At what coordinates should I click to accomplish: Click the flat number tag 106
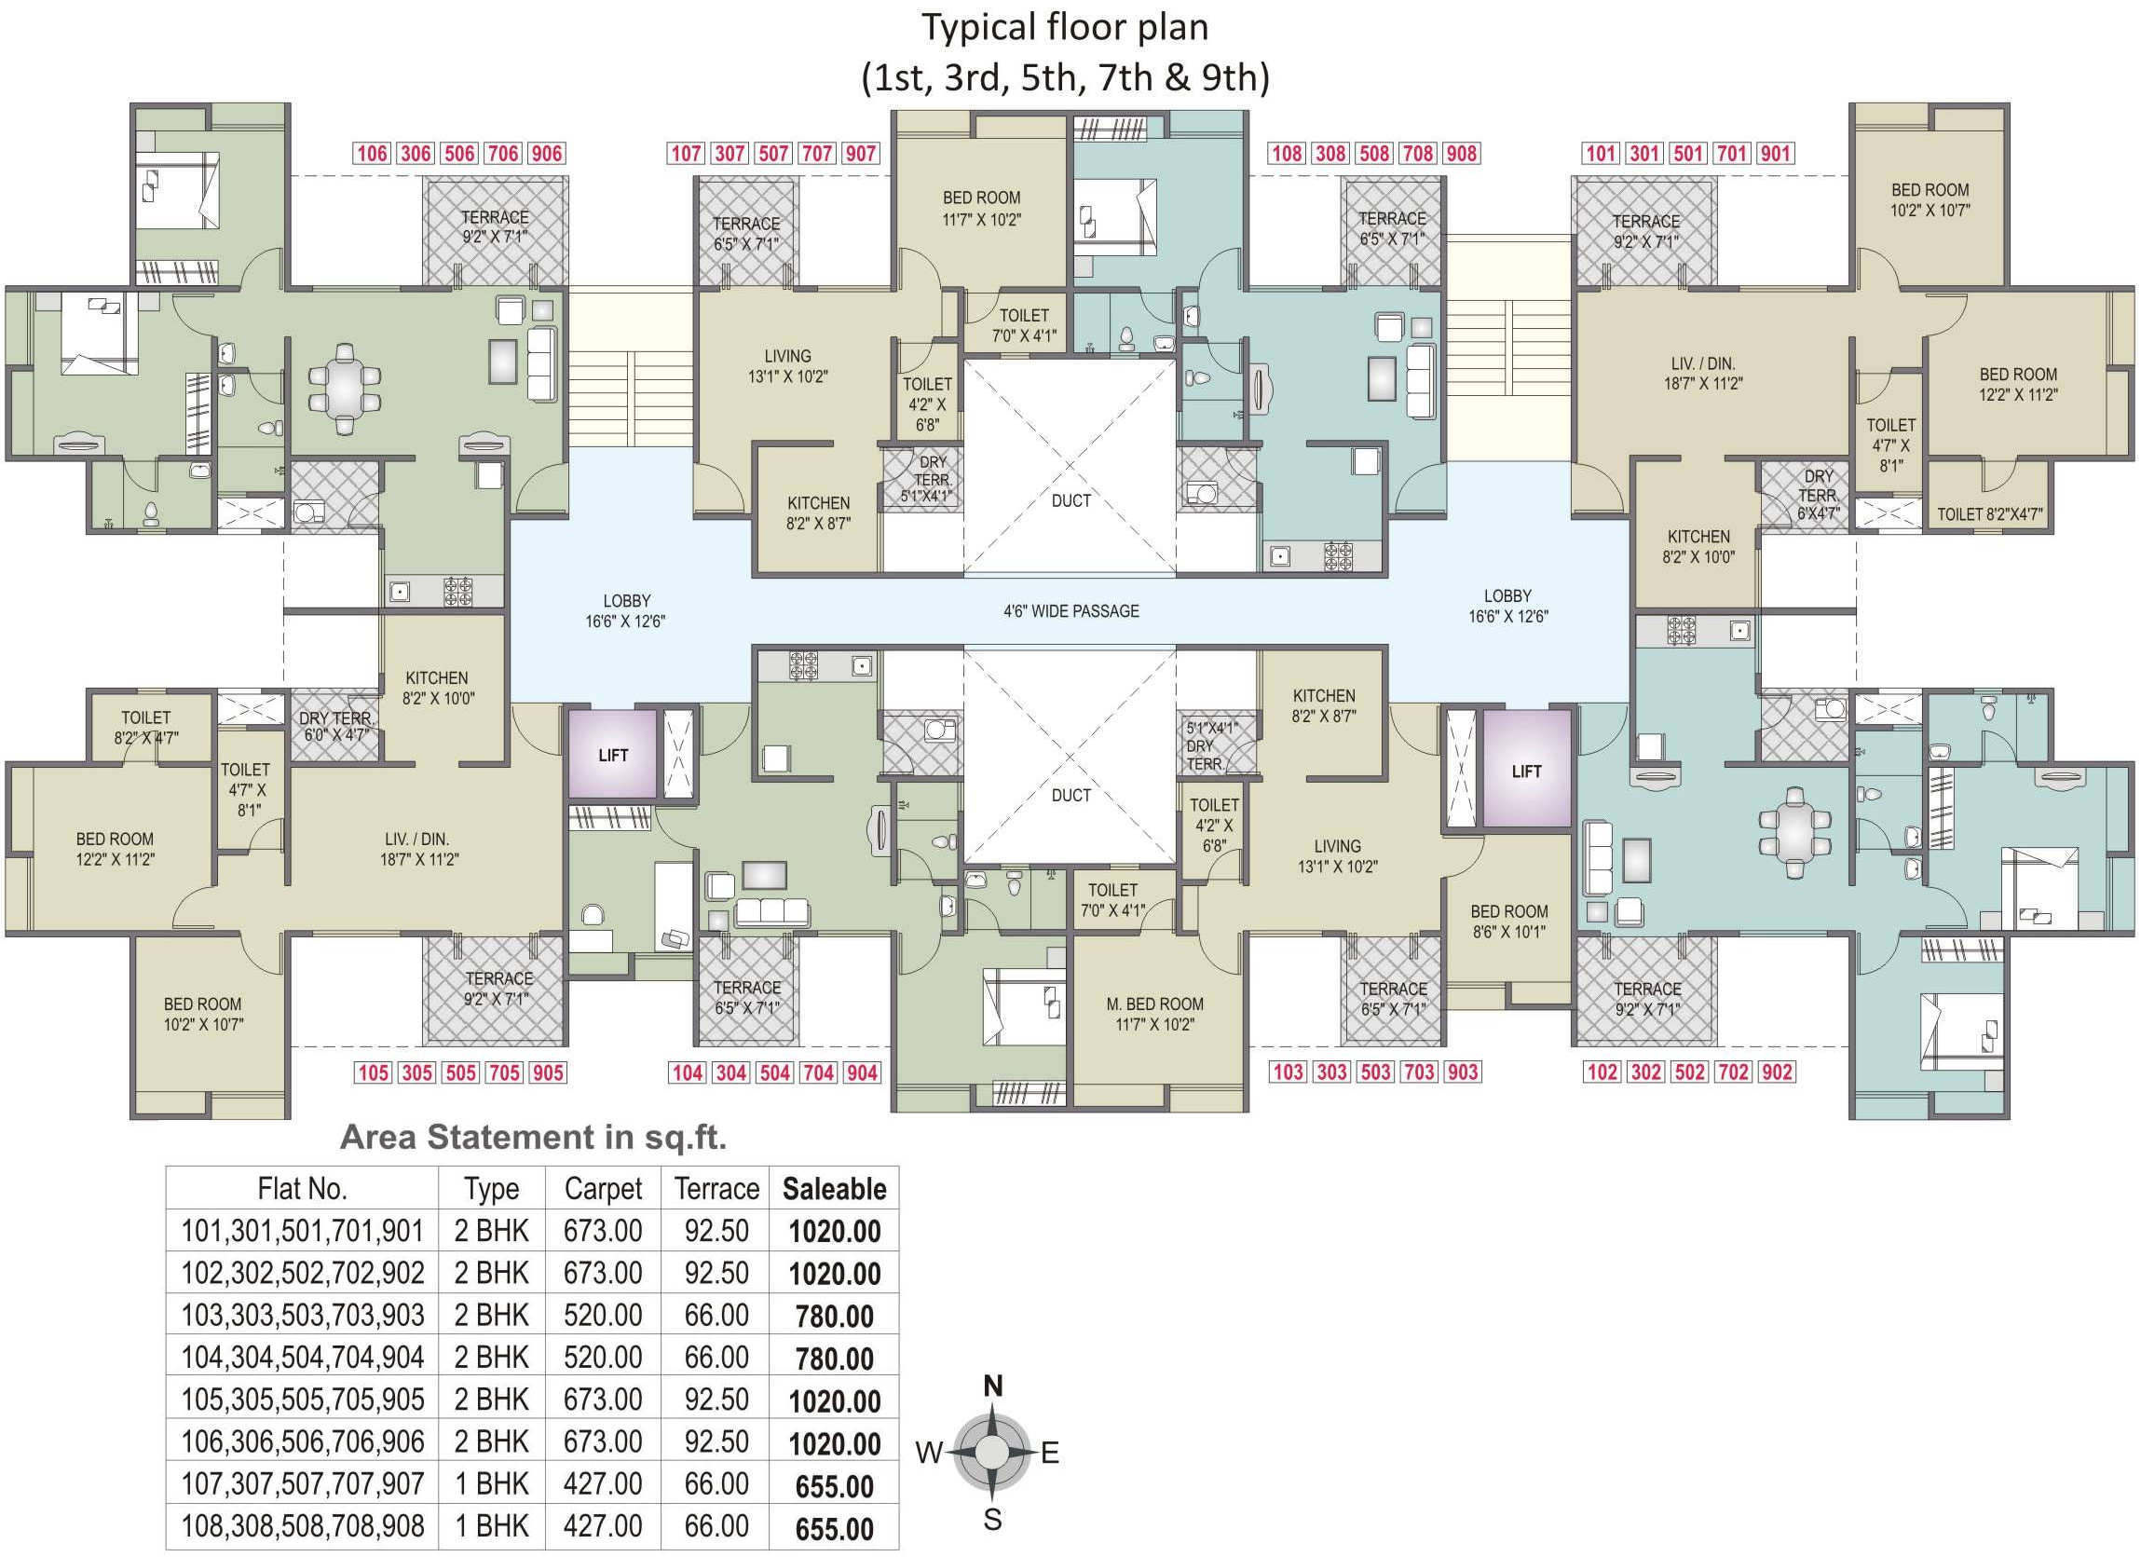point(372,154)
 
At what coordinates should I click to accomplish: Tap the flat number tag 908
point(1461,154)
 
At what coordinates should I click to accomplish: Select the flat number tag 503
point(1375,1072)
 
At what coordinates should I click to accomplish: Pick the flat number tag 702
point(1733,1072)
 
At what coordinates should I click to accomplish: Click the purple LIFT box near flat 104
point(613,755)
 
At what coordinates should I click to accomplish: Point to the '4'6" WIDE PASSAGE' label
point(1070,611)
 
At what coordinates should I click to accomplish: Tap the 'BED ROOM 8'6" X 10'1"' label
point(1508,922)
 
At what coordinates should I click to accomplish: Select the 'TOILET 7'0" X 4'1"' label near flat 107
point(1024,325)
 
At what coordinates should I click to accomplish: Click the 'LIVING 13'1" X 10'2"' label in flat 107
point(787,366)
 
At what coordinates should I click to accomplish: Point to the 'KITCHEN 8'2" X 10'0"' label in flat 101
point(1698,547)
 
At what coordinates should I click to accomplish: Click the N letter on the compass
point(992,1386)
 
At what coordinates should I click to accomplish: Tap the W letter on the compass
point(929,1453)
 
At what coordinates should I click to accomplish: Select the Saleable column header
point(835,1189)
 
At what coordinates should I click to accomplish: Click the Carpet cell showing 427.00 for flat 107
point(602,1483)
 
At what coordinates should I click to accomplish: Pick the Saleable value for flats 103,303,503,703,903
point(835,1317)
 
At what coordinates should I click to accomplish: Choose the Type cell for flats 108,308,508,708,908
point(492,1526)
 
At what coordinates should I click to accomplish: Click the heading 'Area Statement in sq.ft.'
point(533,1138)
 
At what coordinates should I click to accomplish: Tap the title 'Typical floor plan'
point(1065,27)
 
